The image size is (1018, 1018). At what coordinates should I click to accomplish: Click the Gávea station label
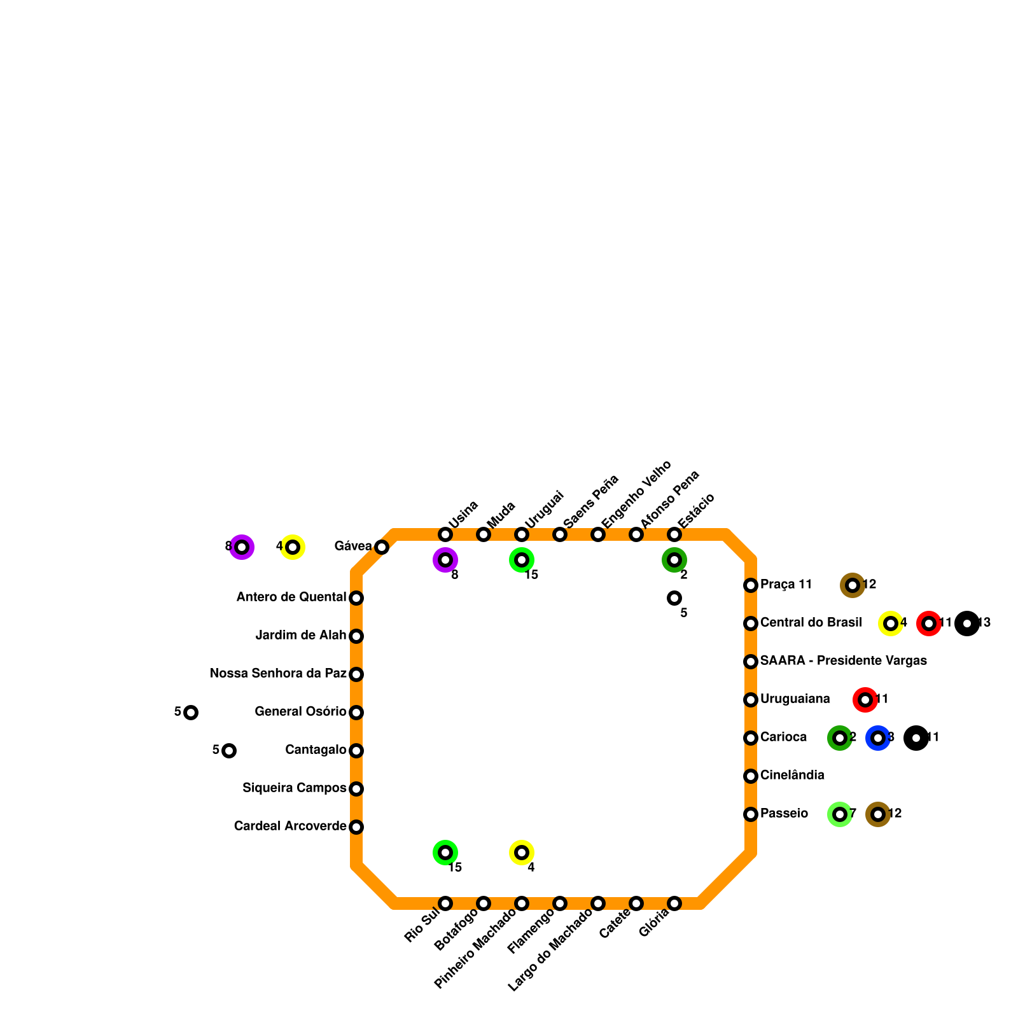pyautogui.click(x=353, y=547)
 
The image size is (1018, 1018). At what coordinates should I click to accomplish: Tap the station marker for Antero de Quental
pyautogui.click(x=356, y=598)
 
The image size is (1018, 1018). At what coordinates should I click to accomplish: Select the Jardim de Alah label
pyautogui.click(x=300, y=636)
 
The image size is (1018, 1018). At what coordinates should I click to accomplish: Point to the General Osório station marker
pyautogui.click(x=356, y=713)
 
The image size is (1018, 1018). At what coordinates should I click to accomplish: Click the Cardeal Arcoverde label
pyautogui.click(x=290, y=826)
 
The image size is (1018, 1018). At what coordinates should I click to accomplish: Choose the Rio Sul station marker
pyautogui.click(x=445, y=903)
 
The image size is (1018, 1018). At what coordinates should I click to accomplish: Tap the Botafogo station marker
pyautogui.click(x=484, y=903)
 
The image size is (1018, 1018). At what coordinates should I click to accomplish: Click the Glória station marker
pyautogui.click(x=674, y=903)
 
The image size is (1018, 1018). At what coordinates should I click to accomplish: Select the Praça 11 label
pyautogui.click(x=786, y=585)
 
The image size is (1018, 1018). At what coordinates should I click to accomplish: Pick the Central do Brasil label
pyautogui.click(x=811, y=623)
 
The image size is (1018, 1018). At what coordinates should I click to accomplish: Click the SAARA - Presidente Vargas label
pyautogui.click(x=843, y=661)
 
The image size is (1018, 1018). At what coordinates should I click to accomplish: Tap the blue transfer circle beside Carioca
pyautogui.click(x=878, y=738)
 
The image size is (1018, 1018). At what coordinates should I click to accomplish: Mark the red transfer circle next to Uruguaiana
pyautogui.click(x=865, y=700)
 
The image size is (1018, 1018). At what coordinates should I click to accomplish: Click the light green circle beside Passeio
pyautogui.click(x=840, y=814)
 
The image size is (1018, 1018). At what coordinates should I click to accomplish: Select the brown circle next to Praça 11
pyautogui.click(x=853, y=585)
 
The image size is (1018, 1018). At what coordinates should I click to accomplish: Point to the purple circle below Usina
pyautogui.click(x=445, y=560)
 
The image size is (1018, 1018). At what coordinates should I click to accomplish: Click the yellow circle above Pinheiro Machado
pyautogui.click(x=522, y=853)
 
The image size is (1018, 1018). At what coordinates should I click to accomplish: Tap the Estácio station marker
pyautogui.click(x=674, y=534)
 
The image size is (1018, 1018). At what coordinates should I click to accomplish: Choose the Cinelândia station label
pyautogui.click(x=792, y=776)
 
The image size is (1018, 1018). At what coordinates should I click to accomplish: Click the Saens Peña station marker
pyautogui.click(x=560, y=534)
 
